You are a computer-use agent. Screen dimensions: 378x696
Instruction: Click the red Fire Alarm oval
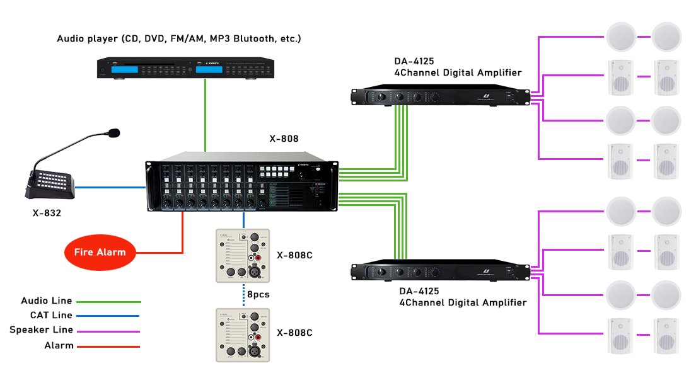[x=100, y=252]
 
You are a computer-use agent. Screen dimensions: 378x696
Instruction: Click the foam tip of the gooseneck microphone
[x=113, y=133]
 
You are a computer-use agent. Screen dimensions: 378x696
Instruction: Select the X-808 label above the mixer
[x=284, y=139]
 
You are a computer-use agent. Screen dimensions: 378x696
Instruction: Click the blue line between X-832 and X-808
[x=110, y=187]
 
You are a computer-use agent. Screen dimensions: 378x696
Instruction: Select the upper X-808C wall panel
[x=243, y=255]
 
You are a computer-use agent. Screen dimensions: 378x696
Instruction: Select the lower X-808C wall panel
[x=243, y=335]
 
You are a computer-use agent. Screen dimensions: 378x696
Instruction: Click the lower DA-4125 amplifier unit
[x=439, y=271]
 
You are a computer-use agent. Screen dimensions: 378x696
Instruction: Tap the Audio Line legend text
[x=47, y=301]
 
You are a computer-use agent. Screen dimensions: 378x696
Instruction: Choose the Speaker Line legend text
[x=42, y=330]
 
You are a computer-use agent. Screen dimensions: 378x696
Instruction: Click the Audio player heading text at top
[x=179, y=38]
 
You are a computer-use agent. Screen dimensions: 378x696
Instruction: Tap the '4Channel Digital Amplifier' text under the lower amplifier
[x=462, y=302]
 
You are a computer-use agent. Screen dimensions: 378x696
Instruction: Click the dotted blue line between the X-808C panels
[x=244, y=294]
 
